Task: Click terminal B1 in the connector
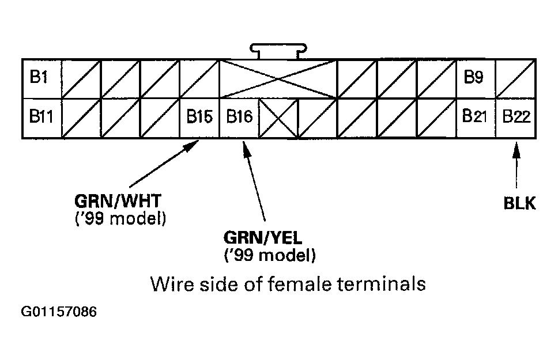point(41,78)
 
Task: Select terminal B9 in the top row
point(476,78)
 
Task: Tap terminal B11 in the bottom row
point(41,118)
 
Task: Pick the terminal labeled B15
point(199,118)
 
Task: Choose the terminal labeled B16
point(239,118)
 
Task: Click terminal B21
point(476,118)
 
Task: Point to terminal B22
point(516,118)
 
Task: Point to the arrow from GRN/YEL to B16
point(254,181)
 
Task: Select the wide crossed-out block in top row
point(278,78)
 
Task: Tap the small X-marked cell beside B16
point(278,118)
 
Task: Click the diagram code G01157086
point(59,312)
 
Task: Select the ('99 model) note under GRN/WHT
point(120,219)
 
